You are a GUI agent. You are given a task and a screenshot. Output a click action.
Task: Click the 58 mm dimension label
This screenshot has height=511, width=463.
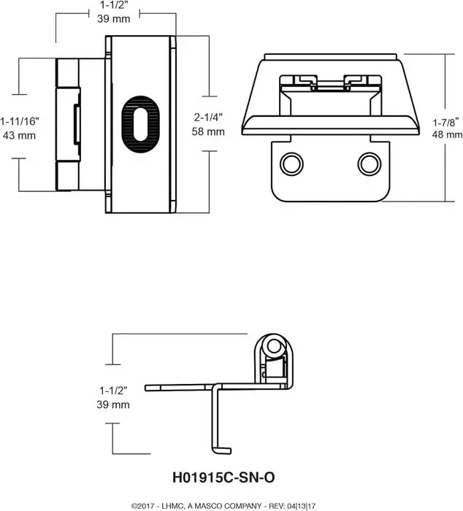pyautogui.click(x=210, y=132)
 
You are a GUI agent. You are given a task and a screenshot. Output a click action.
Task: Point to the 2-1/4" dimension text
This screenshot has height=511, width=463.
pyautogui.click(x=210, y=118)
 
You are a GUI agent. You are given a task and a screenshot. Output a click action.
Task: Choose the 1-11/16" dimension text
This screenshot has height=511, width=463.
pyautogui.click(x=21, y=121)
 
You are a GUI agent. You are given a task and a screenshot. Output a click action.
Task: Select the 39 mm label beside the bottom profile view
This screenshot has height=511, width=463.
pyautogui.click(x=112, y=404)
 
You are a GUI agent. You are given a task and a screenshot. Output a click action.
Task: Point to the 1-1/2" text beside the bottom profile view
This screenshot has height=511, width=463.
pyautogui.click(x=112, y=390)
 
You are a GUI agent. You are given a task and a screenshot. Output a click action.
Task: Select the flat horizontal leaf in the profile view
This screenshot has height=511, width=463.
pyautogui.click(x=183, y=386)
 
